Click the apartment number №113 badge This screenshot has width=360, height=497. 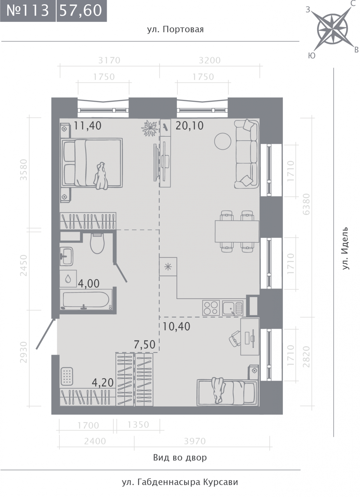coord(28,11)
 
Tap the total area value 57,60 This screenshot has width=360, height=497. coord(82,11)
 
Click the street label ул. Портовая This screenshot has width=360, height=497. coord(175,29)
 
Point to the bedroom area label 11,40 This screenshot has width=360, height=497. coord(87,126)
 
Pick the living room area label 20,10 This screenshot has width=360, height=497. coord(190,126)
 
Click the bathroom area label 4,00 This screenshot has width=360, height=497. coord(89,284)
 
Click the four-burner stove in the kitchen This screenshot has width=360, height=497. coord(211,308)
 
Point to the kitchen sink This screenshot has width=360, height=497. coord(233,308)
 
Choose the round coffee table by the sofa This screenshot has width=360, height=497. coord(223,141)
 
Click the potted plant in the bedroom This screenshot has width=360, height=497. coord(150,128)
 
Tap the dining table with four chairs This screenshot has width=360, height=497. coord(237,231)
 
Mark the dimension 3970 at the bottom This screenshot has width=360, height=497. coord(195,441)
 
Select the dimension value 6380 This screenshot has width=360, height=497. coord(306,204)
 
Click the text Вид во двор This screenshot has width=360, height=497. coord(180,458)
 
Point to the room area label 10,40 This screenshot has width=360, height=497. coord(176,327)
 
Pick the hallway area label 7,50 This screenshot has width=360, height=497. coord(145,344)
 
